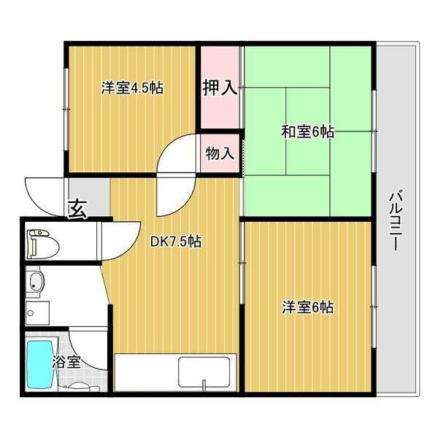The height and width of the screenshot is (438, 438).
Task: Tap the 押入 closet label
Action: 219,88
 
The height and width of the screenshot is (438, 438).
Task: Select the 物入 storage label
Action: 219,154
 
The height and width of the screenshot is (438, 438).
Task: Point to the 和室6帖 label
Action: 308,132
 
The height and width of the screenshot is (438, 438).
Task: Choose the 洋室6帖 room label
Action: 308,307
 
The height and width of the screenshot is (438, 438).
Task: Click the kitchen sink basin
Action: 207,373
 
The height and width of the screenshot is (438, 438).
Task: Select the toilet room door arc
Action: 117,241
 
